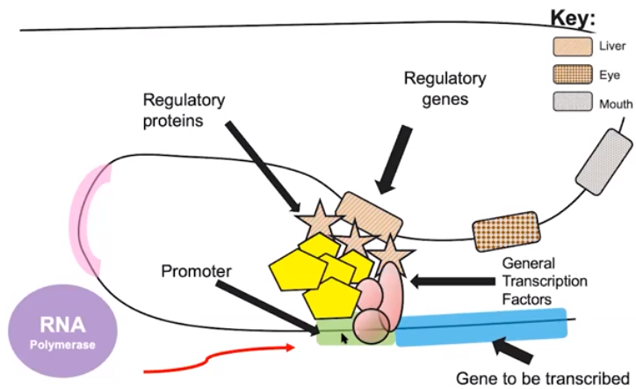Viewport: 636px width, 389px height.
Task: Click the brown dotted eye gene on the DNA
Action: (505, 231)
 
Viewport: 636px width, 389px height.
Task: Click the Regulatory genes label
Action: (443, 89)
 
